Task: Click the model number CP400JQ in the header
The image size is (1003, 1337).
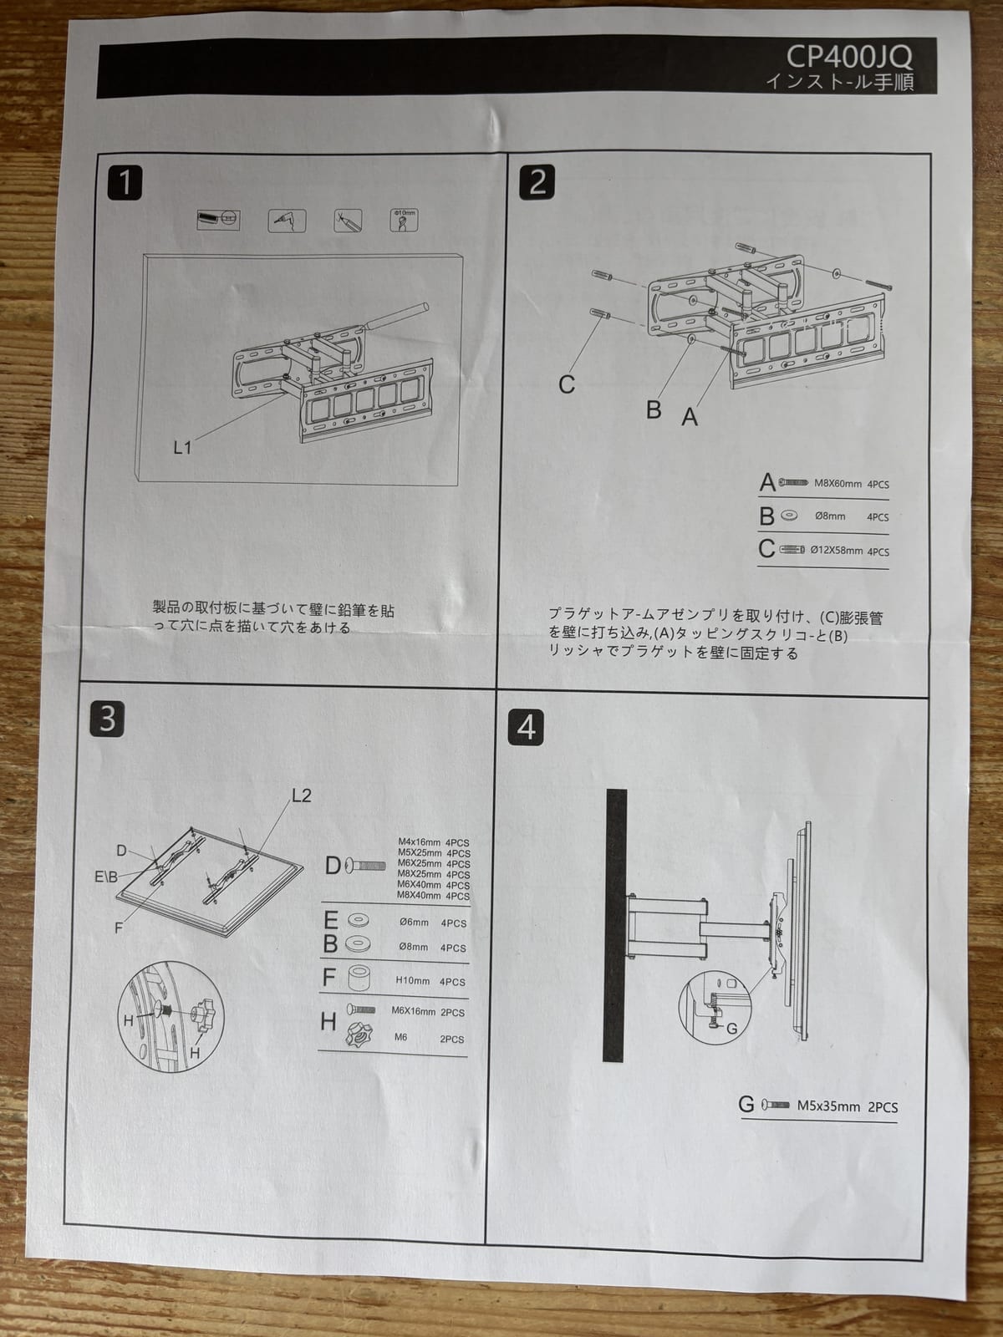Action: [849, 57]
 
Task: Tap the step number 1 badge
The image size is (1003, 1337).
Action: [125, 182]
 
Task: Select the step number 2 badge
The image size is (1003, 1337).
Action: [537, 181]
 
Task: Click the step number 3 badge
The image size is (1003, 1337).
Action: [107, 719]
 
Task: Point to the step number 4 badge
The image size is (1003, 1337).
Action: [526, 727]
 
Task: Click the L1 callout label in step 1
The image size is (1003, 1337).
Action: [182, 448]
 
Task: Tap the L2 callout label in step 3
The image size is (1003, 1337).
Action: [301, 796]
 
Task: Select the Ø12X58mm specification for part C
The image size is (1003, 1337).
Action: [837, 552]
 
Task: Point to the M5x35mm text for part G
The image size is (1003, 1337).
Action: [828, 1106]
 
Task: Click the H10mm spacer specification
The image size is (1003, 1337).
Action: [413, 981]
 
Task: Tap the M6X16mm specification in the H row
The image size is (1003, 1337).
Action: [413, 1011]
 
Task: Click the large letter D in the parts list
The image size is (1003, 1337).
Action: [333, 866]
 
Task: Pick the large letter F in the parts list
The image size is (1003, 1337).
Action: [329, 977]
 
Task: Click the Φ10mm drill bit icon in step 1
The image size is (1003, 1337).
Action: [404, 220]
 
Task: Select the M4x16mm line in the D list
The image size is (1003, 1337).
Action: [420, 843]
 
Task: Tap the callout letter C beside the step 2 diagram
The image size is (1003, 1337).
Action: [567, 384]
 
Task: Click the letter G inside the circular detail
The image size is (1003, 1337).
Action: [732, 1029]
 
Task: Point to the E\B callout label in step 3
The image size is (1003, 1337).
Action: [106, 877]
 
